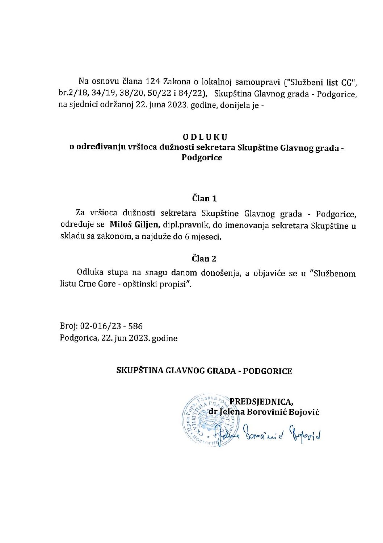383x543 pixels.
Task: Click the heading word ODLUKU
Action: coord(205,137)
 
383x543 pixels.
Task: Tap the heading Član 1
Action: coord(204,198)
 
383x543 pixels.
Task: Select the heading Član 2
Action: coord(204,259)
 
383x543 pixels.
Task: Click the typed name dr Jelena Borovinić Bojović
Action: coord(264,412)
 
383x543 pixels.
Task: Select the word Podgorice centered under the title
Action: coord(205,158)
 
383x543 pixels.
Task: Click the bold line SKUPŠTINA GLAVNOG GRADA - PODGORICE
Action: coord(204,371)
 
